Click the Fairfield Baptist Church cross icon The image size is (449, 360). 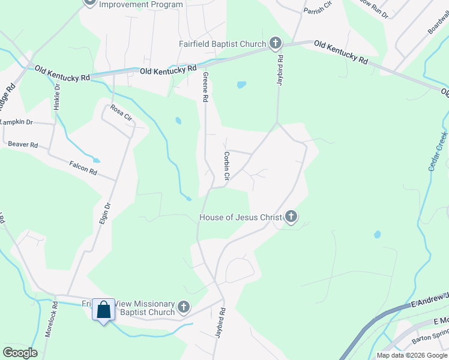click(x=275, y=43)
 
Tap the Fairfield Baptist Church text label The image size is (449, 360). click(x=222, y=44)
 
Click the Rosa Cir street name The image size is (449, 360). click(x=121, y=113)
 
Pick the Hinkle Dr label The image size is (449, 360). click(x=57, y=95)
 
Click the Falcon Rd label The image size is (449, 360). click(x=83, y=167)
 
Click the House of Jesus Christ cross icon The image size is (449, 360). click(x=291, y=217)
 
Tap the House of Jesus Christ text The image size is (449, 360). click(x=240, y=217)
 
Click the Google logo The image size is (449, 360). click(x=20, y=352)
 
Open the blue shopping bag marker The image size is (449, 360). click(x=104, y=310)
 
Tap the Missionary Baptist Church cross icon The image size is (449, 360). click(x=184, y=308)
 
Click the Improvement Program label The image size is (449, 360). click(x=140, y=5)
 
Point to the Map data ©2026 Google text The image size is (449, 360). click(x=412, y=355)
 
